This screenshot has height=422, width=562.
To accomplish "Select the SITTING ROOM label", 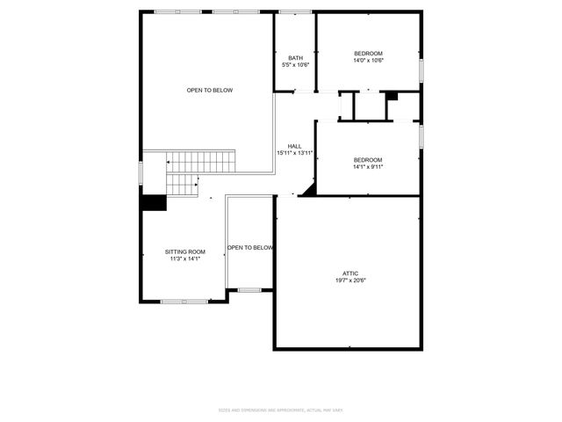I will [185, 251].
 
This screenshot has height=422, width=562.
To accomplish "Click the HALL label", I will [295, 146].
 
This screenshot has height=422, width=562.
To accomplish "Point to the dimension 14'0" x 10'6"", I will [368, 61].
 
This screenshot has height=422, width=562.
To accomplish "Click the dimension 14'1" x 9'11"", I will [368, 166].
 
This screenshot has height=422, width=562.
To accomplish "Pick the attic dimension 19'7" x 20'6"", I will [349, 280].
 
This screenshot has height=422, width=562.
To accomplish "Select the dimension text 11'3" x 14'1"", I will [185, 258].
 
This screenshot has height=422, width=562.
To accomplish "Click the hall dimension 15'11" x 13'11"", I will [295, 153].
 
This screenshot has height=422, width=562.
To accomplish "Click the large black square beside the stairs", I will [155, 202].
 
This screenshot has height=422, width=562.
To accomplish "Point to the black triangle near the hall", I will [308, 191].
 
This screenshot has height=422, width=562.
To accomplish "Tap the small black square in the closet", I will [392, 96].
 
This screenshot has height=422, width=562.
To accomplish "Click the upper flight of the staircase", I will [202, 162].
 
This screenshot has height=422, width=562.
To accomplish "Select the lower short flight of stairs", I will [183, 185].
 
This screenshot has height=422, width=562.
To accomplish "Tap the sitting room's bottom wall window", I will [184, 302].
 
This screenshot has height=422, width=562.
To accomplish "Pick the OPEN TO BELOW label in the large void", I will [210, 91].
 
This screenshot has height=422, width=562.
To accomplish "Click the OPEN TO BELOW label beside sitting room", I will [250, 248].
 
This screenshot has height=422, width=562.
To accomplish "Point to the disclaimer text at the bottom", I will [281, 411].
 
